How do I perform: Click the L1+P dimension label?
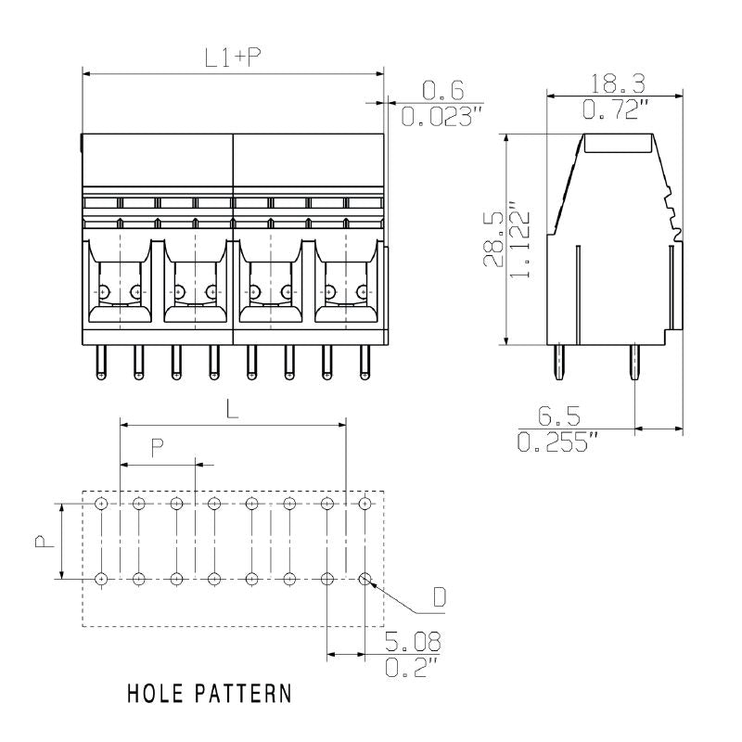click(233, 58)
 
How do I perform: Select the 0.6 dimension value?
click(441, 90)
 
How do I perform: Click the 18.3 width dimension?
click(614, 83)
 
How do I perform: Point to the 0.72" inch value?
click(614, 109)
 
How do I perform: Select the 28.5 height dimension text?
click(493, 240)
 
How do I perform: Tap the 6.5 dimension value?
click(560, 416)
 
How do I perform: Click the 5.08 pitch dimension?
click(413, 642)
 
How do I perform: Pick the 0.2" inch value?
click(410, 668)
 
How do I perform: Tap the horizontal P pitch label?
click(158, 446)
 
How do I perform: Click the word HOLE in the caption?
click(158, 693)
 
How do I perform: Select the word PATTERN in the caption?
click(245, 693)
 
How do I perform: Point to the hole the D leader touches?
click(365, 579)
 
